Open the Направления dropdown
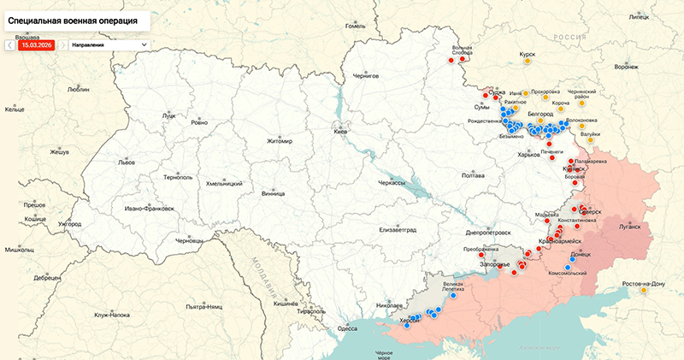(108, 44)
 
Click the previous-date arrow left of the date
(9, 44)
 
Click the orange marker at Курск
(528, 62)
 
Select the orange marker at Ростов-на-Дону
(643, 291)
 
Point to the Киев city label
(340, 133)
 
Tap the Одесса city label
(347, 328)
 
